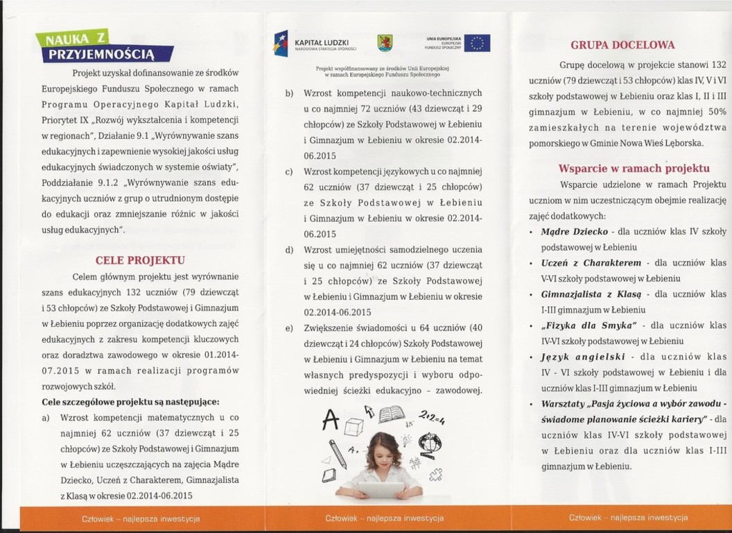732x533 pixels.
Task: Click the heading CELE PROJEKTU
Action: point(140,260)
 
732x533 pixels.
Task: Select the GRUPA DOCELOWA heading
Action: point(622,46)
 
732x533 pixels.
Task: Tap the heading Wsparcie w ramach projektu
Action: point(634,168)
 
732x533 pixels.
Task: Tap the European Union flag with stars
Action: point(477,43)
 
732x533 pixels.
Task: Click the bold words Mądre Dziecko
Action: point(575,231)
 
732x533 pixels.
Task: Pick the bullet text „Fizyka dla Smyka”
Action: point(589,325)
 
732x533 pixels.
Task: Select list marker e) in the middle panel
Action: point(288,328)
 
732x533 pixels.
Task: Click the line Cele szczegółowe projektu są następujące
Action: point(130,403)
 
